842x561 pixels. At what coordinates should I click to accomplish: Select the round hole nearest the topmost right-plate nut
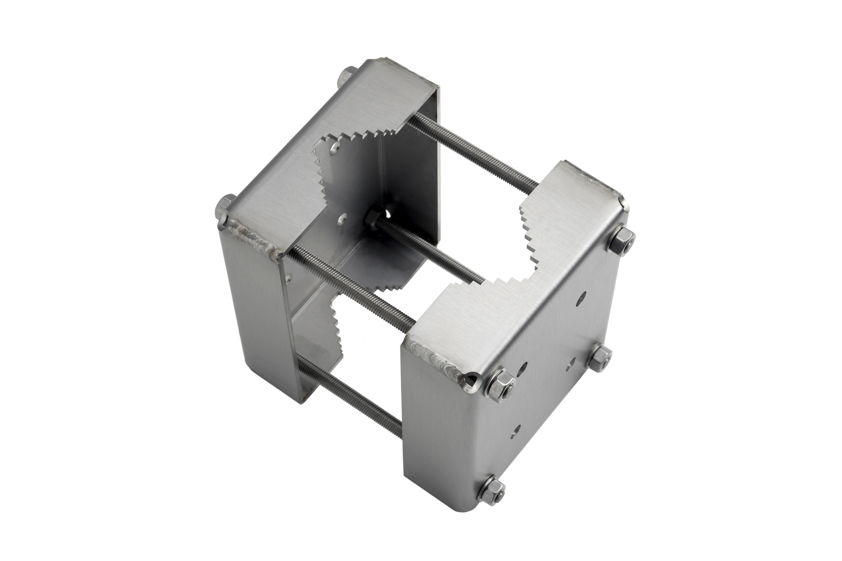[584, 296]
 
